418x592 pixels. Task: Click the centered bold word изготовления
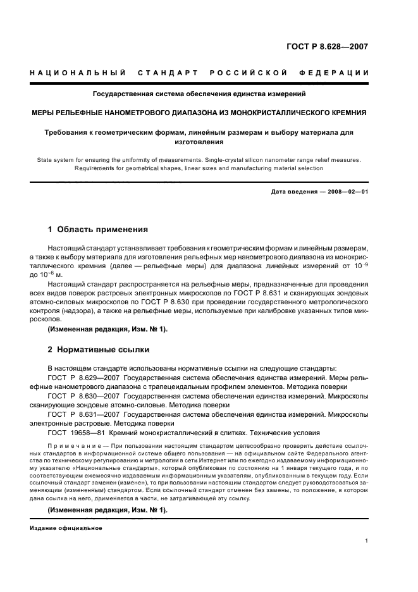199,142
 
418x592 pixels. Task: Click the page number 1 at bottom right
366,540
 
